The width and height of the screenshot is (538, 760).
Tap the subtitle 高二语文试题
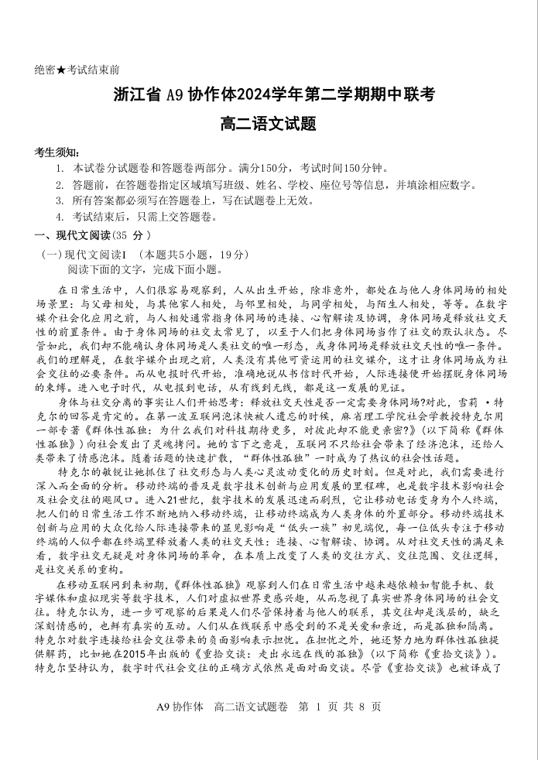[269, 124]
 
